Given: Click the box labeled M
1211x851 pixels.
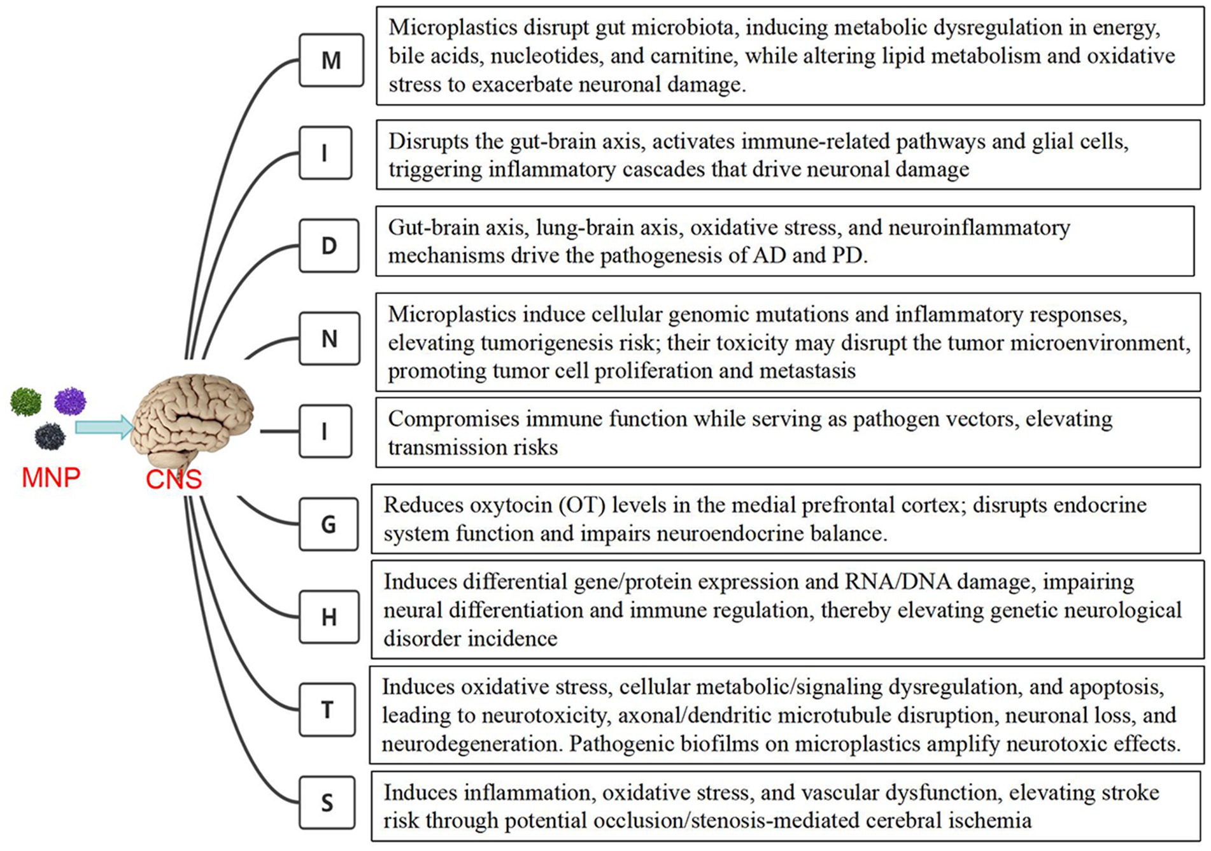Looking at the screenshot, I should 331,60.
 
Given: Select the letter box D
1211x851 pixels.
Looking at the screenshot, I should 329,246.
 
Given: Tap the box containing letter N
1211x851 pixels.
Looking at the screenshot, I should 329,339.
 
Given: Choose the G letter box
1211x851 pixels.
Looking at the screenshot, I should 328,524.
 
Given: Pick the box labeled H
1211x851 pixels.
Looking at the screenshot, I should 329,617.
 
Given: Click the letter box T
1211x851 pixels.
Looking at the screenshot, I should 327,710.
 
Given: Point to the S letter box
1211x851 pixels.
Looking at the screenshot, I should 327,803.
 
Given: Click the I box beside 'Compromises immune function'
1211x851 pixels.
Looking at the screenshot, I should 325,431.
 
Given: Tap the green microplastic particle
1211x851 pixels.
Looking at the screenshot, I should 25,402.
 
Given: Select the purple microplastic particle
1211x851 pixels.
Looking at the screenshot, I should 70,401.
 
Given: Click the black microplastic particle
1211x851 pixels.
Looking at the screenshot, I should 50,436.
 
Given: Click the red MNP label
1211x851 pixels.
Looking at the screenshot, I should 51,477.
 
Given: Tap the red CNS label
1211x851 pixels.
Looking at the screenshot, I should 173,479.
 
